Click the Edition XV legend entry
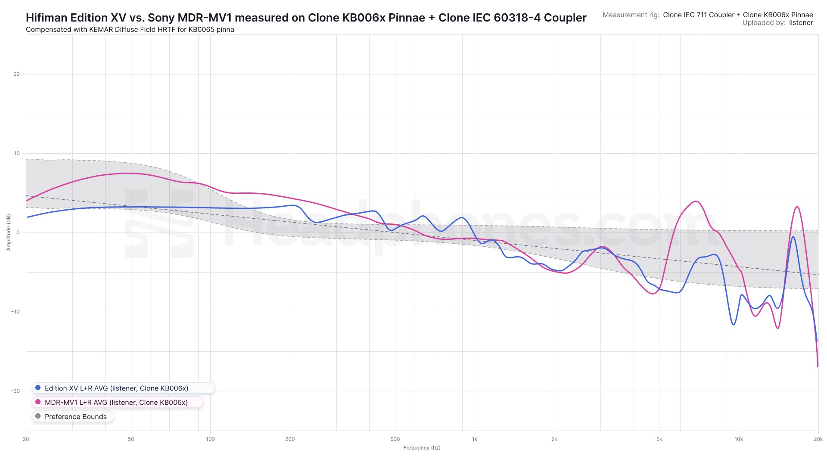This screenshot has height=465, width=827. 116,388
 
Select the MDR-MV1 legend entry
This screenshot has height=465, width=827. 116,402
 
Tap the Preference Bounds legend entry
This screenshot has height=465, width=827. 75,416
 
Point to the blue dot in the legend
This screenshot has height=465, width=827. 38,387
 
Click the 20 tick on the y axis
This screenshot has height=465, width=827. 17,74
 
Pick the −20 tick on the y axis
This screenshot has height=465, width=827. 16,391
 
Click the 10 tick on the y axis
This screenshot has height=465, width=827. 17,153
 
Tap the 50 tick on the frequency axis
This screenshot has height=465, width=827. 131,439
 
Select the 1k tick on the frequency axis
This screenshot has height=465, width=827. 475,439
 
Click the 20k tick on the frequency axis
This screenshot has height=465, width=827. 818,439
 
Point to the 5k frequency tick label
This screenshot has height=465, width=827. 659,439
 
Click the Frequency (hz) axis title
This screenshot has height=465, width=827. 422,448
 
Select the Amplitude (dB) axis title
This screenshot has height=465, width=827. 9,232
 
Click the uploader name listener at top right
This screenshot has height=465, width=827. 801,23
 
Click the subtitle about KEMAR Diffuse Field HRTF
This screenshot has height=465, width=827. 130,30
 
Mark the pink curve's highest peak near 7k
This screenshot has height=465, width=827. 696,201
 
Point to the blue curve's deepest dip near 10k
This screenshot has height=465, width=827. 734,325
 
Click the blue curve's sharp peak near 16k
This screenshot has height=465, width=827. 793,237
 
